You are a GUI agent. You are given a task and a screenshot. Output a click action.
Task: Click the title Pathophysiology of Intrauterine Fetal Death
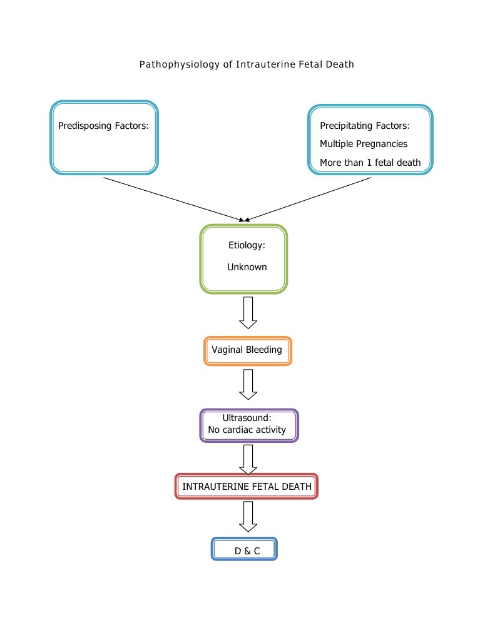(247, 64)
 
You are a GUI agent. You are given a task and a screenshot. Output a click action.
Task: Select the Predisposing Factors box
(104, 137)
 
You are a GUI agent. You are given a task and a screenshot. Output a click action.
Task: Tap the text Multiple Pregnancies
(363, 144)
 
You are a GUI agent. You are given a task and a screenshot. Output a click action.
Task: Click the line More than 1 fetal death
(370, 163)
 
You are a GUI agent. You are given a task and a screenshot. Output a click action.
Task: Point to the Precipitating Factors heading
(364, 126)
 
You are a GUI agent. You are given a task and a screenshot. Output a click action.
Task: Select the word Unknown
(247, 267)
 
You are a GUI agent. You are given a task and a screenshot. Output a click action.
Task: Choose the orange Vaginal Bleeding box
(247, 350)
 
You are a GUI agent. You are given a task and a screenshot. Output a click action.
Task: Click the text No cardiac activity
(247, 430)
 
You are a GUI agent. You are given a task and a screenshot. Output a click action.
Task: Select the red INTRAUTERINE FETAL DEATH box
(247, 486)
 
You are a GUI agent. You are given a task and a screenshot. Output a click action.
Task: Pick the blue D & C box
(244, 549)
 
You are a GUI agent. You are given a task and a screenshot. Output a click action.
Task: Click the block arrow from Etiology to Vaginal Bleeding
(248, 312)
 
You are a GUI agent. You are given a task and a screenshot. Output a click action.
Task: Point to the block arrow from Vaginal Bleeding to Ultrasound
(248, 384)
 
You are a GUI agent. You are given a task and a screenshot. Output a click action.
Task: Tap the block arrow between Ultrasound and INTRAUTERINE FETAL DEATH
(248, 459)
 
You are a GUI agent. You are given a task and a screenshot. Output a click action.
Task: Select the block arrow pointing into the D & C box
(248, 517)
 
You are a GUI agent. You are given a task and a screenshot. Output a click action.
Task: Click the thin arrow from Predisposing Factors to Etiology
(172, 198)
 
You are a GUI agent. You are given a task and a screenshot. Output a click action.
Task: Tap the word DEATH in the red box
(297, 486)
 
